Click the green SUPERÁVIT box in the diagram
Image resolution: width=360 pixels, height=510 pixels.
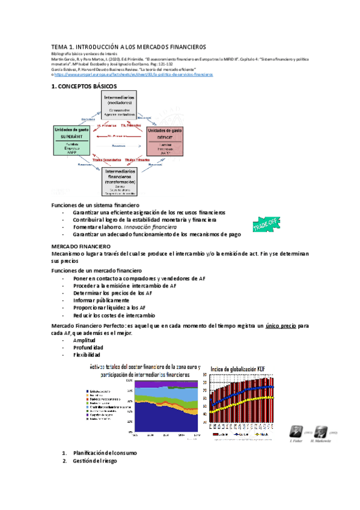72,141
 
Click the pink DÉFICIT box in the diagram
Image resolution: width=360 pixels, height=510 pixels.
169,141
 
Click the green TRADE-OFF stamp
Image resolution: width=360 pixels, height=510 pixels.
266,226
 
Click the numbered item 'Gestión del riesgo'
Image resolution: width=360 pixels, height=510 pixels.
95,444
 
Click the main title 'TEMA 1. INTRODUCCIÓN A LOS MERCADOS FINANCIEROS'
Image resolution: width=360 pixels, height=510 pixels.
128,47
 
